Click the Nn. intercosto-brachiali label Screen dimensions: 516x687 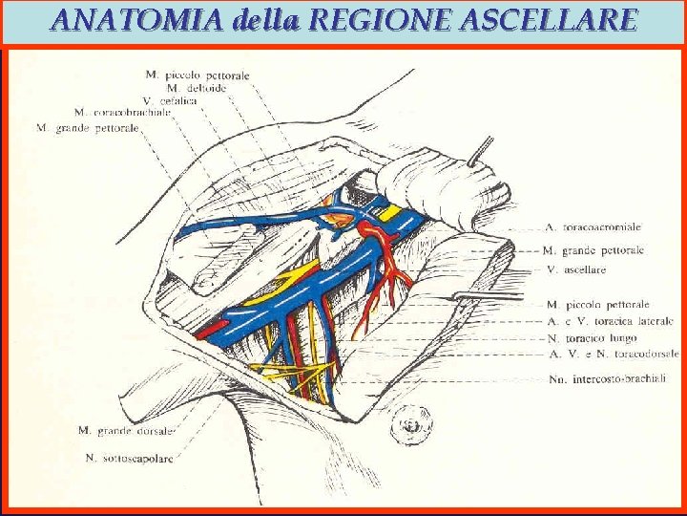(607, 379)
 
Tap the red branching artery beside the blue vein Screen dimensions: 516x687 (391, 272)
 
